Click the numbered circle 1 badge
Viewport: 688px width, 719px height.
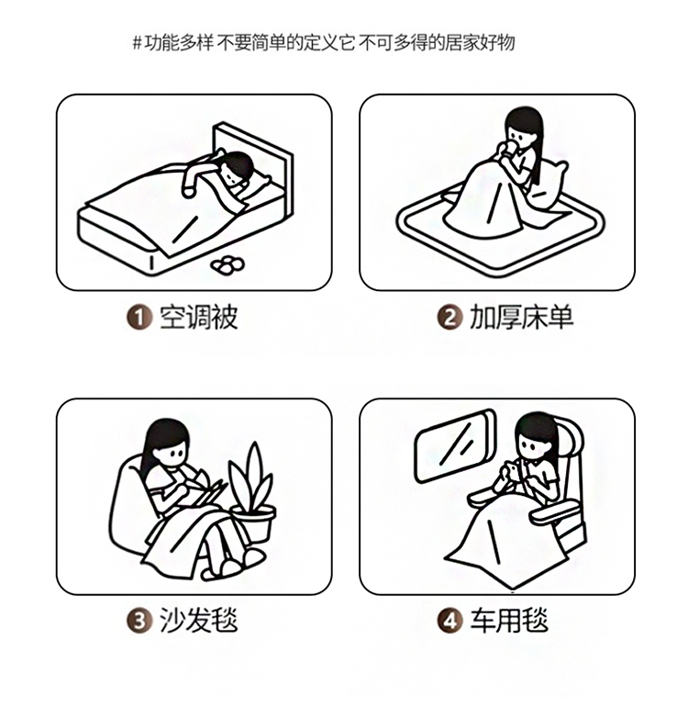tap(139, 318)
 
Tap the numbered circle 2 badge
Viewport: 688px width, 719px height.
tap(449, 318)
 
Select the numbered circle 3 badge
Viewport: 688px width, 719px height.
tap(139, 621)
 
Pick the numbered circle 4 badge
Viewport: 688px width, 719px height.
tap(449, 621)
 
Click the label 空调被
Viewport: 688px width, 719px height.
tap(198, 318)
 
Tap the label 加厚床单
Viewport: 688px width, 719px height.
tap(521, 318)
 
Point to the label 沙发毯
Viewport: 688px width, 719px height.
tap(198, 621)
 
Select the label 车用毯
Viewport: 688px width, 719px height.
tap(509, 621)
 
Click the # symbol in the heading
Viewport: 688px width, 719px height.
tap(137, 43)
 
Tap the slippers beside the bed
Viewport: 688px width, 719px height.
tap(227, 265)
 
